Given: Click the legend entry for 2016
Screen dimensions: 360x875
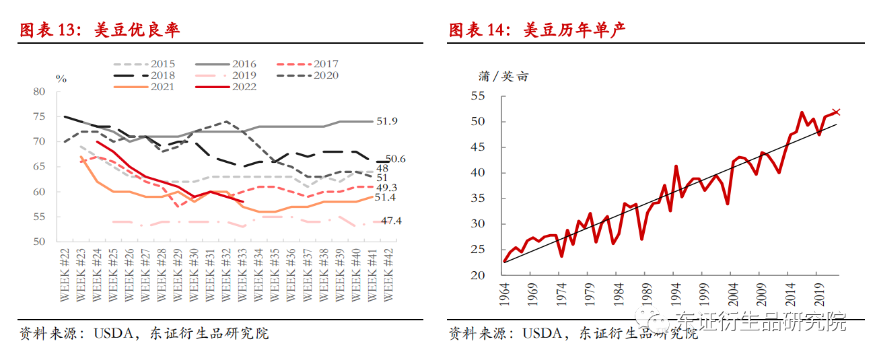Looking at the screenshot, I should point(229,64).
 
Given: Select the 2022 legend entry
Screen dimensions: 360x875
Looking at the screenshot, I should point(229,87).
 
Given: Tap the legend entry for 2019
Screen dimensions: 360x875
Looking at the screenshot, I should point(229,75).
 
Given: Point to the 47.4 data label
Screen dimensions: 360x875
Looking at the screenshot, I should point(391,221).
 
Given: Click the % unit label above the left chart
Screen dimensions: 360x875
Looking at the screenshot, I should point(61,79).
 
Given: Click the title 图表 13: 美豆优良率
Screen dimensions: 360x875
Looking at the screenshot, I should point(100,30).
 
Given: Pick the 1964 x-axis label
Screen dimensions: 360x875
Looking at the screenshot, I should point(505,295).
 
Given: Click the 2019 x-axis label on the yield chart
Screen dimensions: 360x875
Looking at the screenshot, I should point(816,295).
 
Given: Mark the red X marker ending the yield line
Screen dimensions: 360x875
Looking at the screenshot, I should point(837,112).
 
